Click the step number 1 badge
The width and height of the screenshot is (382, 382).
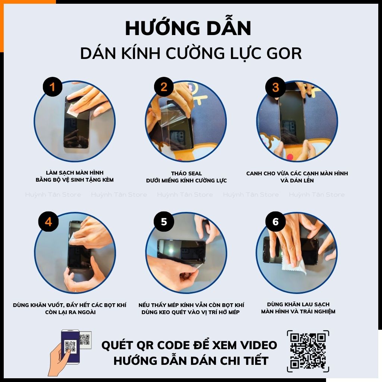[x=52, y=87]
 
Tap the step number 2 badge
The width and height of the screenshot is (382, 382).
[x=163, y=87]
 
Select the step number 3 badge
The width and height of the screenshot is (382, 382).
[x=275, y=87]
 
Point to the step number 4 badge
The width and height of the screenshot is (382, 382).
[x=48, y=222]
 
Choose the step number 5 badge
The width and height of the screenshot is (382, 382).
[x=164, y=222]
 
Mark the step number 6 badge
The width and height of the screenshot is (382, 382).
[x=275, y=222]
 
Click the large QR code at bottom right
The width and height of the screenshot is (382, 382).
[x=308, y=351]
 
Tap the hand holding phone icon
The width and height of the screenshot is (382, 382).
[x=66, y=351]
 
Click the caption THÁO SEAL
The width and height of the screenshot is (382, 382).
[x=186, y=173]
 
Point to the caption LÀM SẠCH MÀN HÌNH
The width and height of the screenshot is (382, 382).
[x=75, y=173]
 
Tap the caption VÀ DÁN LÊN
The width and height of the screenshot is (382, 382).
[x=297, y=181]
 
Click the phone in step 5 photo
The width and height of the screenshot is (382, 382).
[x=182, y=251]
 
